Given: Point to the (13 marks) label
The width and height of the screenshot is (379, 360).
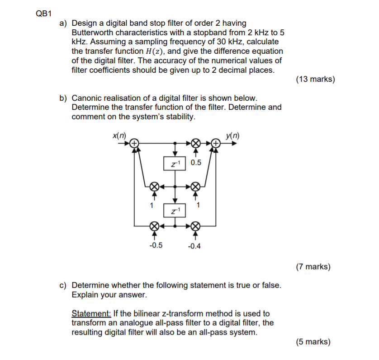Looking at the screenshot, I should (316, 79).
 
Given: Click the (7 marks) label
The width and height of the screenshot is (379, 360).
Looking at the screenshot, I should (313, 266).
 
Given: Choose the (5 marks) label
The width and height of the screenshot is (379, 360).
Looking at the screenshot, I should (313, 341).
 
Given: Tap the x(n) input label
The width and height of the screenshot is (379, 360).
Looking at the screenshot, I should (119, 134).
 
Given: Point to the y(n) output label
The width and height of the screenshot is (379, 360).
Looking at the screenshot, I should (234, 134).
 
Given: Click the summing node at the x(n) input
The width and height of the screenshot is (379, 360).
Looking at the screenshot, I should (134, 143).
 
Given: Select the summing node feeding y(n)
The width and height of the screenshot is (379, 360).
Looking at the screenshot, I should (216, 143).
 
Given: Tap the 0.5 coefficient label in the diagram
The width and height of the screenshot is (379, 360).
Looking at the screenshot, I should (197, 163).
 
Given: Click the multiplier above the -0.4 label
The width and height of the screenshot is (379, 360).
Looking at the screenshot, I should (195, 224).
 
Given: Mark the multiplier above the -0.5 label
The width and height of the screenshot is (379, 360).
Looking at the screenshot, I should (154, 224).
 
